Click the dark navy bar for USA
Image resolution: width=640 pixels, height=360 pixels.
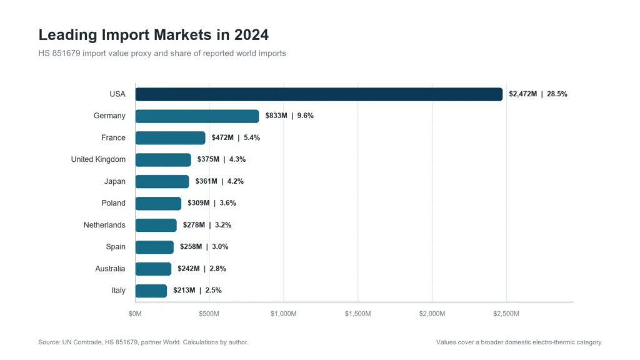coord(319,94)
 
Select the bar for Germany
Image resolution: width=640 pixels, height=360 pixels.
coord(197,116)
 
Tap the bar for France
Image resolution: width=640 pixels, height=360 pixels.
coord(170,138)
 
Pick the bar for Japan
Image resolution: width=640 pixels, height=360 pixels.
coord(162,182)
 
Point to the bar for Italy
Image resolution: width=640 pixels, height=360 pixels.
coord(151,291)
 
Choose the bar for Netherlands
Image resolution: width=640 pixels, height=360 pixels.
coord(156,225)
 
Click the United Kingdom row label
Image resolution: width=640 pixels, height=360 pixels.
coord(98,159)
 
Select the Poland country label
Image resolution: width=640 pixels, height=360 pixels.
coord(114,203)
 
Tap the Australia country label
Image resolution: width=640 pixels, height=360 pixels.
coord(110,269)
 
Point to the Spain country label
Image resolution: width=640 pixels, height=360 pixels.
coord(116,247)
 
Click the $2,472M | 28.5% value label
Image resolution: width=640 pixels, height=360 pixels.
coord(538,94)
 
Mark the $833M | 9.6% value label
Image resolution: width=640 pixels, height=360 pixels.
coord(289,116)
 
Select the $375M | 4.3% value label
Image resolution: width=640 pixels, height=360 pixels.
coord(221,159)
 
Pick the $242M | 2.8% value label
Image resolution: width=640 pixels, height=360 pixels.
coord(202,269)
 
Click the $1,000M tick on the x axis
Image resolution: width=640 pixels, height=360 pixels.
coord(284,314)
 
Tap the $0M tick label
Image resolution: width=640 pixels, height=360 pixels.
coord(135,314)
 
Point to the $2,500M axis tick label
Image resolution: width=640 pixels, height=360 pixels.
coord(506,314)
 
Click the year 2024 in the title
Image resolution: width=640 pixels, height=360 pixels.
coord(251,35)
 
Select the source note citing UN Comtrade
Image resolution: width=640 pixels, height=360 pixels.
coord(143,342)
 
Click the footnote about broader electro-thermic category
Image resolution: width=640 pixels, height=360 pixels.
coord(519,342)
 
